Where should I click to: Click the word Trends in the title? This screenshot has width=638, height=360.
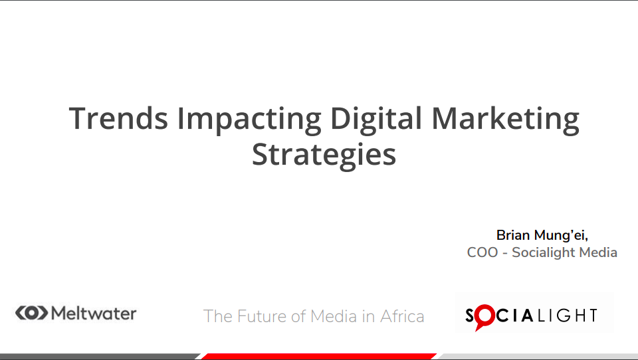tap(118, 118)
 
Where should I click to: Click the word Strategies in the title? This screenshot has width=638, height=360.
tap(324, 156)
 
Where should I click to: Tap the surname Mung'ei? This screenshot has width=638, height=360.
tap(561, 236)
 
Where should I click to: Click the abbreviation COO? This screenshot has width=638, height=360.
tap(482, 252)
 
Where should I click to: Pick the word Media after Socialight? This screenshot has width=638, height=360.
tap(598, 252)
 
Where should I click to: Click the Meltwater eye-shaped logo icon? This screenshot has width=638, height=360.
tap(32, 313)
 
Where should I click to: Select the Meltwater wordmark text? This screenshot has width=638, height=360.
tap(94, 314)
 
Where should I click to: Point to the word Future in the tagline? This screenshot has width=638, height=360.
tap(262, 316)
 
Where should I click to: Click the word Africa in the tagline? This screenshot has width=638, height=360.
tap(402, 316)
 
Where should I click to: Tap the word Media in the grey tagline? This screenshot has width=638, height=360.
tap(334, 316)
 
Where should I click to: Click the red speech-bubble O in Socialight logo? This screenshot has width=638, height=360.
tap(484, 317)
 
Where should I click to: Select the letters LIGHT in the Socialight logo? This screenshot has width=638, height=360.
tap(568, 315)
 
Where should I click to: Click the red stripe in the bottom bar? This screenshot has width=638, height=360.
tap(319, 356)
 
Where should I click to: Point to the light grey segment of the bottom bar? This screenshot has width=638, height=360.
tap(538, 356)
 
